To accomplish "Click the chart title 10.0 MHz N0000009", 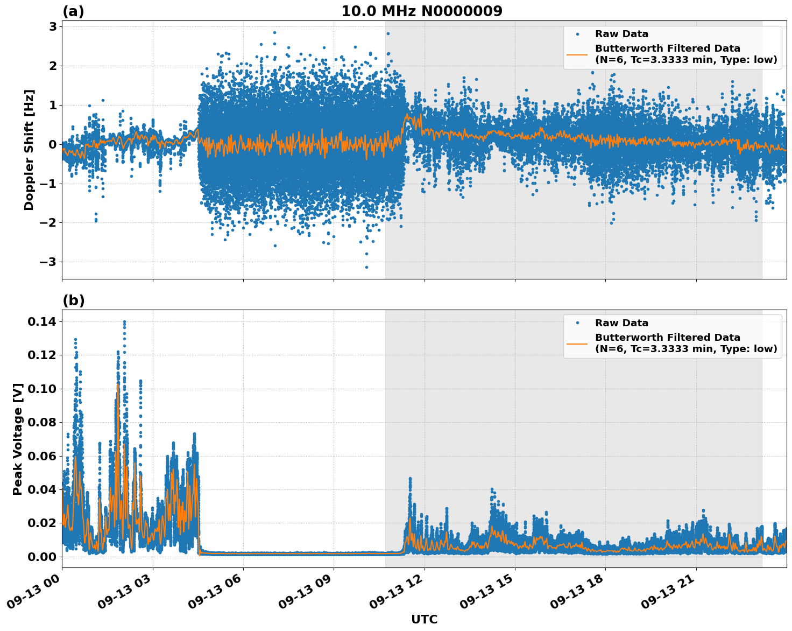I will click(421, 11).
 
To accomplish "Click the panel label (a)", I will click(73, 11).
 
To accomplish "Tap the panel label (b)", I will click(73, 300).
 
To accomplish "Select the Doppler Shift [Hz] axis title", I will click(29, 150).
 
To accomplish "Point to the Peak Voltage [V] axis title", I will click(18, 439).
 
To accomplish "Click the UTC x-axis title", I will click(424, 619).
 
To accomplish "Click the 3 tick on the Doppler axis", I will click(53, 26).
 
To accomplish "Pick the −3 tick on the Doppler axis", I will click(49, 262).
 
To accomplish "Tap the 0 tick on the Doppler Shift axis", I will click(53, 144).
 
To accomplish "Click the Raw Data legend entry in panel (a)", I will click(621, 34).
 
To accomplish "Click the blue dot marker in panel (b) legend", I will click(577, 323).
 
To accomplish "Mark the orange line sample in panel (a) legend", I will click(577, 54).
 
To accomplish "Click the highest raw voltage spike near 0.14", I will click(124, 322).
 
